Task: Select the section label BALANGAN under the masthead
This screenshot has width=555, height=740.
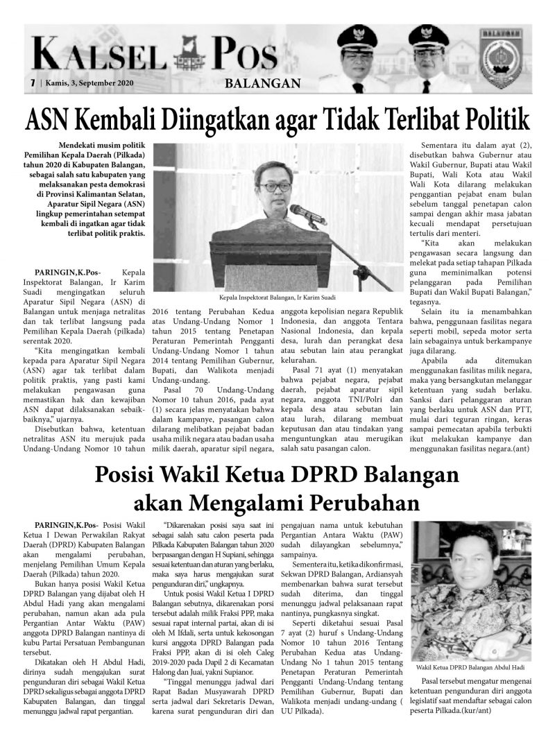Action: point(263,85)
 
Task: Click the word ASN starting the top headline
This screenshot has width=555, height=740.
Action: point(47,119)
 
